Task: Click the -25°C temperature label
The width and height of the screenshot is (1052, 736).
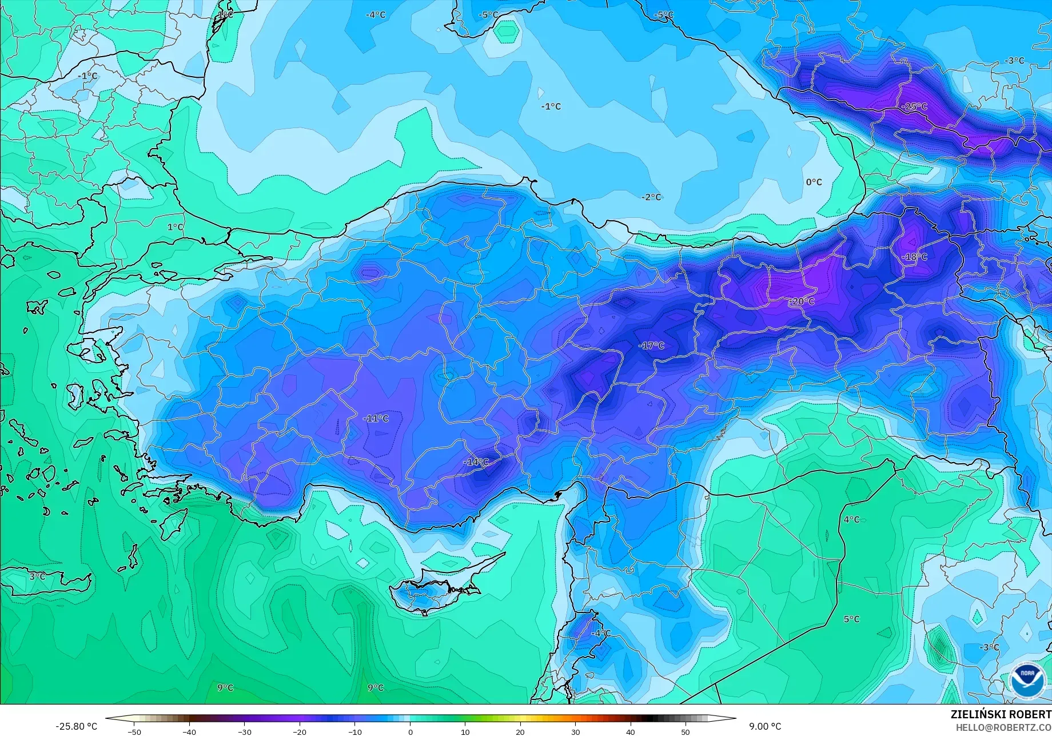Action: [x=914, y=106]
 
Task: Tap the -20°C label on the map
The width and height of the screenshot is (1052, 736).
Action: [x=802, y=301]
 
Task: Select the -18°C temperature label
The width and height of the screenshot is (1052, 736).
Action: [x=914, y=257]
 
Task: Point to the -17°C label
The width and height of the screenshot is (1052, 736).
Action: [x=651, y=345]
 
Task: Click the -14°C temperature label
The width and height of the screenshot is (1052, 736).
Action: [x=476, y=462]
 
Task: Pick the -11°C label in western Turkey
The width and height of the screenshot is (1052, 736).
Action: [x=376, y=418]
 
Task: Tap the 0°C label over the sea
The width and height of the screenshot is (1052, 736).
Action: [x=814, y=182]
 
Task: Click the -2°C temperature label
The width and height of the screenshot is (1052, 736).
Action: [x=651, y=197]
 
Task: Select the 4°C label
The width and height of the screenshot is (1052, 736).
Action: [x=851, y=519]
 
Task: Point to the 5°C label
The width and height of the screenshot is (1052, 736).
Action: [x=851, y=619]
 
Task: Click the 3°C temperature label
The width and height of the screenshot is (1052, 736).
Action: [x=37, y=576]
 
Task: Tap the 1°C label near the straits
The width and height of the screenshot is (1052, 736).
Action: [x=175, y=227]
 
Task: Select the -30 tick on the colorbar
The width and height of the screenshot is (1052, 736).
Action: [x=245, y=731]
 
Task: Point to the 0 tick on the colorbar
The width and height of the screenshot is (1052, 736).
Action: [x=410, y=731]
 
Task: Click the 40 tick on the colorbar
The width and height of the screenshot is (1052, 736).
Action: [x=630, y=731]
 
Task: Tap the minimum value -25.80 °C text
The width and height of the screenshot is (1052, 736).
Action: [x=76, y=726]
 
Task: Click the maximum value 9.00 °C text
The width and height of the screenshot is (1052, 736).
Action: [x=765, y=726]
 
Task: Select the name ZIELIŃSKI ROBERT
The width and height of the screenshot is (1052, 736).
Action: [x=1001, y=714]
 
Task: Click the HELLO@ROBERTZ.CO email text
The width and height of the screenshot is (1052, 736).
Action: [x=1004, y=727]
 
